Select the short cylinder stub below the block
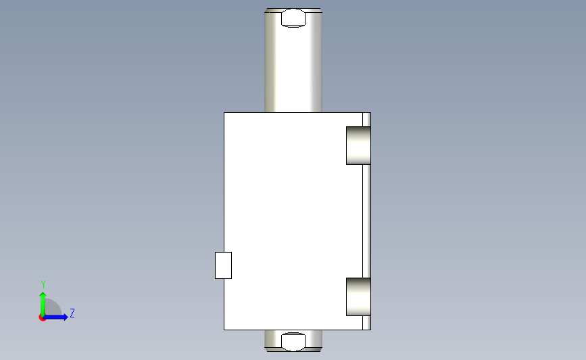pos(293,340)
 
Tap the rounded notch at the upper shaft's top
pos(293,18)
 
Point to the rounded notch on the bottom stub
pos(293,342)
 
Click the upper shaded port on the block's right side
pos(358,145)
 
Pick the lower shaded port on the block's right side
pos(358,297)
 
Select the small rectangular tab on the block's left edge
pos(223,265)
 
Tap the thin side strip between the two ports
pos(366,221)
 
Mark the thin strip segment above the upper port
pos(366,120)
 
